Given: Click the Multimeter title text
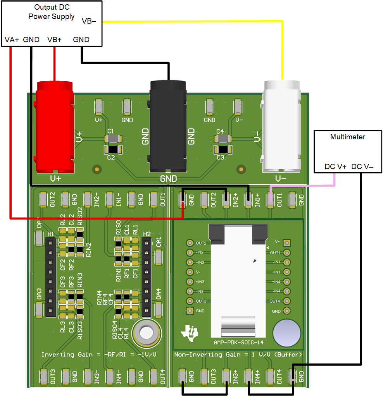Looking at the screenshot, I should [x=348, y=137].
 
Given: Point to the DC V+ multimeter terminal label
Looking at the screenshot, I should [x=336, y=167].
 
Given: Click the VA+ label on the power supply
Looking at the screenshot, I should [x=12, y=39].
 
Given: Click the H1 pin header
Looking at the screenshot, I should [x=50, y=277].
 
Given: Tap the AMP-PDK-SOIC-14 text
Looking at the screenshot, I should [x=238, y=342].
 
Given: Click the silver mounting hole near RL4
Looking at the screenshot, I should [x=147, y=332].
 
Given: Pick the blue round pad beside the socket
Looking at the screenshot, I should [x=286, y=333].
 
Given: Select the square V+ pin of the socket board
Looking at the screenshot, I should [x=287, y=243].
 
